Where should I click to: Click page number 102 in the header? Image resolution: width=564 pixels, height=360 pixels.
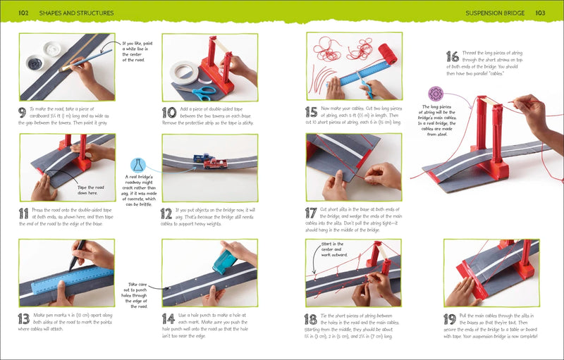coord(23,13)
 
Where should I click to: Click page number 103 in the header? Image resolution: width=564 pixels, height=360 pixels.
coord(540,13)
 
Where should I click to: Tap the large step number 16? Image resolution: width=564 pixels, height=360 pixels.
coord(453,56)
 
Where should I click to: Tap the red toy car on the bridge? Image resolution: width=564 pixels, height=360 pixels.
coord(214,165)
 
